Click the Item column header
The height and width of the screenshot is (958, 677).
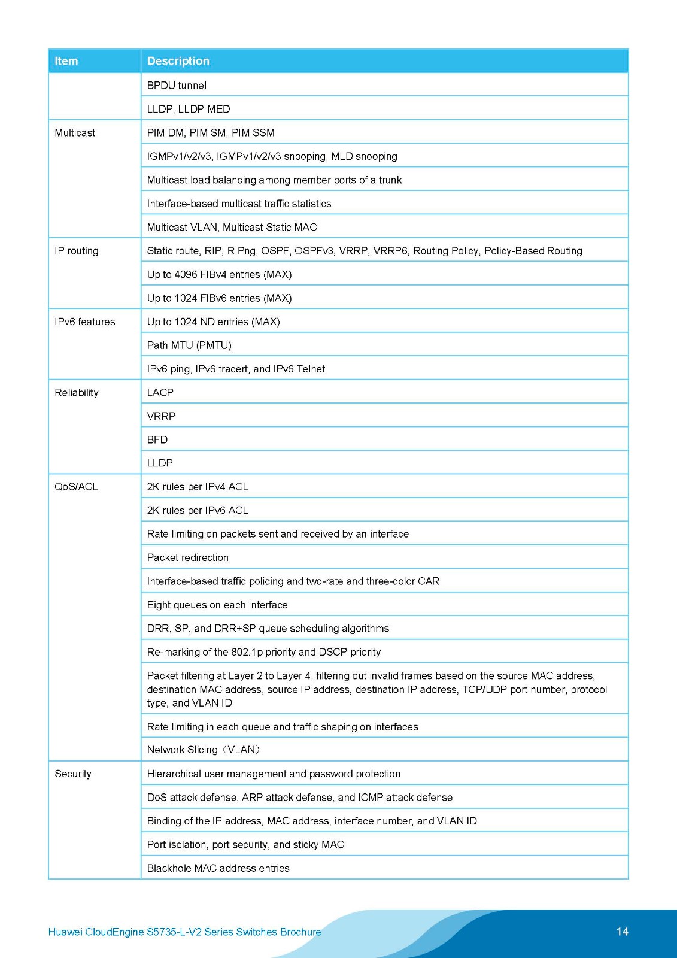coord(66,61)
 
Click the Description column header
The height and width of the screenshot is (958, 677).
coord(178,61)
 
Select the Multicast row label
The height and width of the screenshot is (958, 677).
coord(75,133)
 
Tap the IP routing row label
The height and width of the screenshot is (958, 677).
coord(77,251)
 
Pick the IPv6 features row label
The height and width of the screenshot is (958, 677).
coord(84,322)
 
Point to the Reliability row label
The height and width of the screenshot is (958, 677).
coord(77,393)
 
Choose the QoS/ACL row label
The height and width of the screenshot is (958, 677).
coord(76,487)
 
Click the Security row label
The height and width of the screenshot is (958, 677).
coord(73,774)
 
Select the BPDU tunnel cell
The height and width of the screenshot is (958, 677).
coord(177,86)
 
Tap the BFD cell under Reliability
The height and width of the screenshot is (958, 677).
coord(157,439)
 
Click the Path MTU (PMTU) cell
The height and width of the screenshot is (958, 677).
coord(189,345)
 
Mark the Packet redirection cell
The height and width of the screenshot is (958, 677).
coord(188,557)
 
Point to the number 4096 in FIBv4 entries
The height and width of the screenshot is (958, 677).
coord(186,274)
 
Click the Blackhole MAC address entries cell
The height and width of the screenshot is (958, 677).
coord(218,868)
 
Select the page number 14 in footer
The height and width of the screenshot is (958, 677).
coord(622,931)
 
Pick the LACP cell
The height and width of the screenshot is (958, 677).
coord(160,393)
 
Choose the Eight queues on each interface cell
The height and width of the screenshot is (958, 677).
coord(217,605)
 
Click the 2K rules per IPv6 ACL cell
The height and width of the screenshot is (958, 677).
coord(198,510)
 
